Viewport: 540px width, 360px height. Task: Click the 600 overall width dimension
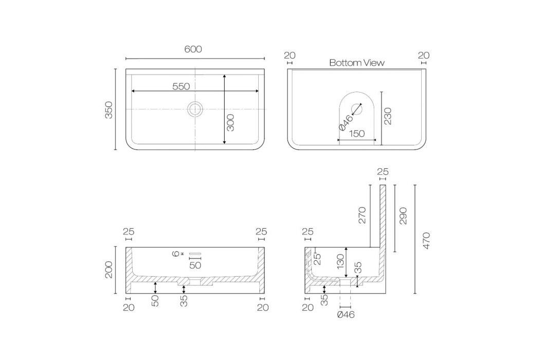[193, 49]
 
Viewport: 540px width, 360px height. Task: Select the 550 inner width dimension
[181, 86]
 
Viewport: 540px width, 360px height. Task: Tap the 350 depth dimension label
[109, 110]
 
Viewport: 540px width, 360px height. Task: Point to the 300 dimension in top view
[230, 122]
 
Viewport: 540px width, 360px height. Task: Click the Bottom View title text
[356, 63]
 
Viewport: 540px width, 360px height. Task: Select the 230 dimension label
[388, 116]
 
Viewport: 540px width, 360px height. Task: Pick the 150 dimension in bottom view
[356, 134]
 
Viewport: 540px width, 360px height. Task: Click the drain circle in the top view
[195, 109]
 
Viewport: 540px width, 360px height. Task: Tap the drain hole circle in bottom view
[356, 108]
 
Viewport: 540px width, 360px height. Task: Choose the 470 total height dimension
[426, 241]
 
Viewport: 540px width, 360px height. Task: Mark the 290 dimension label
[403, 215]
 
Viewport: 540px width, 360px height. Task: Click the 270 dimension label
[362, 215]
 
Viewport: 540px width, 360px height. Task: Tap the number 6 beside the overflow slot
[176, 254]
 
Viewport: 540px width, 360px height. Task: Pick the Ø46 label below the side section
[346, 314]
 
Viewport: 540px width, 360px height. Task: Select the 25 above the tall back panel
[383, 172]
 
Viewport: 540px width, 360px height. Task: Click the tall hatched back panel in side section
[383, 221]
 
